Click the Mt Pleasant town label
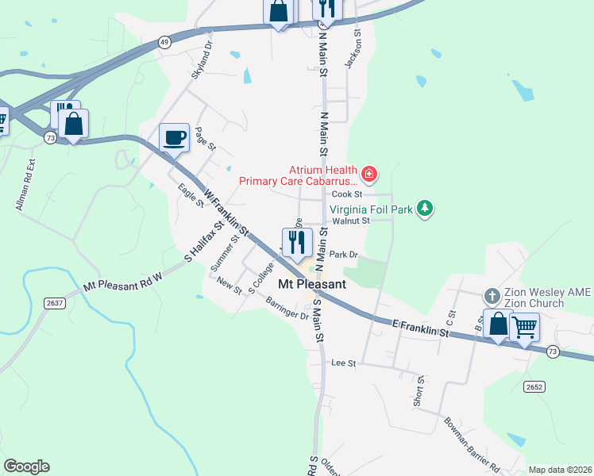pos(312,284)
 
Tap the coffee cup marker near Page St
pos(174,137)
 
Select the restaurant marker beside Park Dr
pos(296,243)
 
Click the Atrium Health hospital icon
pos(368,173)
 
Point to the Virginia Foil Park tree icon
pos(426,209)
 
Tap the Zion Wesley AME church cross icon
pos(492,296)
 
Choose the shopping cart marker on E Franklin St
pos(524,325)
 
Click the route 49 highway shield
pos(164,42)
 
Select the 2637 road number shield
pos(54,302)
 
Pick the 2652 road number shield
pos(534,386)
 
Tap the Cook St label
pos(347,194)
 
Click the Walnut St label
pos(351,221)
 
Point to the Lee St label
pos(343,363)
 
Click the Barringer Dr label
pos(287,309)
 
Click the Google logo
pos(26,466)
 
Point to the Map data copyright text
pos(560,470)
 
